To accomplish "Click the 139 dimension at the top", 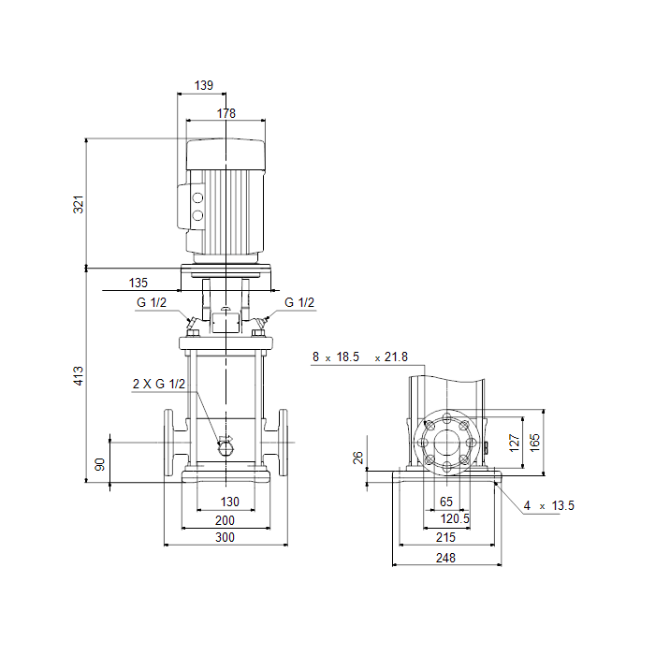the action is pyautogui.click(x=204, y=86).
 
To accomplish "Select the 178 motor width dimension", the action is pyautogui.click(x=226, y=113).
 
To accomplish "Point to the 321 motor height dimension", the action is pyautogui.click(x=79, y=204).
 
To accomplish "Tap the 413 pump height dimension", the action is pyautogui.click(x=79, y=375).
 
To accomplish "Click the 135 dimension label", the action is pyautogui.click(x=138, y=283).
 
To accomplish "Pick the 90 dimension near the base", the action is pyautogui.click(x=100, y=464).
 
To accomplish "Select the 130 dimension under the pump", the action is pyautogui.click(x=230, y=502).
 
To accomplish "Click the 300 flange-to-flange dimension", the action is pyautogui.click(x=225, y=537).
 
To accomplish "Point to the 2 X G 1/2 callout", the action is pyautogui.click(x=159, y=384).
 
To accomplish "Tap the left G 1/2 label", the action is pyautogui.click(x=152, y=302).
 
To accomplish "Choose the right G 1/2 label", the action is pyautogui.click(x=299, y=302).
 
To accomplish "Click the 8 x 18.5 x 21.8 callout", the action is pyautogui.click(x=360, y=357).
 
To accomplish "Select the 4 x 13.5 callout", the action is pyautogui.click(x=549, y=506).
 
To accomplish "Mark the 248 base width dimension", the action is pyautogui.click(x=445, y=558).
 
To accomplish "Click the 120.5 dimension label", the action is pyautogui.click(x=455, y=518).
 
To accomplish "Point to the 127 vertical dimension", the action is pyautogui.click(x=515, y=443).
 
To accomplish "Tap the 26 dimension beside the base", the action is pyautogui.click(x=358, y=458).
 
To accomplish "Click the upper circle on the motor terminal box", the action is pyautogui.click(x=197, y=197).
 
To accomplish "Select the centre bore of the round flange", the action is pyautogui.click(x=446, y=443).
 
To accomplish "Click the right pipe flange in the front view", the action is pyautogui.click(x=283, y=443).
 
